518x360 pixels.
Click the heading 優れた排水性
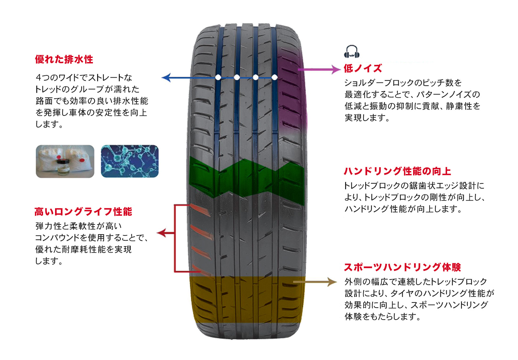[x=64, y=60]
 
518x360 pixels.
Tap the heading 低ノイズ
[x=363, y=68]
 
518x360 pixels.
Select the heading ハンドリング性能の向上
[x=397, y=171]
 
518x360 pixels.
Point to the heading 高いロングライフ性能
[x=83, y=212]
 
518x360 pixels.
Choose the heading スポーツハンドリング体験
[x=402, y=267]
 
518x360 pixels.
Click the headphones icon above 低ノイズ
[x=352, y=52]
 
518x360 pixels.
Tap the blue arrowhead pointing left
[x=166, y=78]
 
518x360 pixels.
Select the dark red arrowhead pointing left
[x=161, y=233]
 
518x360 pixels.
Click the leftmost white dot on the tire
[x=218, y=77]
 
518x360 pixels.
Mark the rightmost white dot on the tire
[x=275, y=77]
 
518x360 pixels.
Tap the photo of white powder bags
[x=65, y=161]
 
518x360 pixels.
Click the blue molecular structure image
[x=130, y=161]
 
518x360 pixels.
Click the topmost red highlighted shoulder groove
[x=200, y=210]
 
